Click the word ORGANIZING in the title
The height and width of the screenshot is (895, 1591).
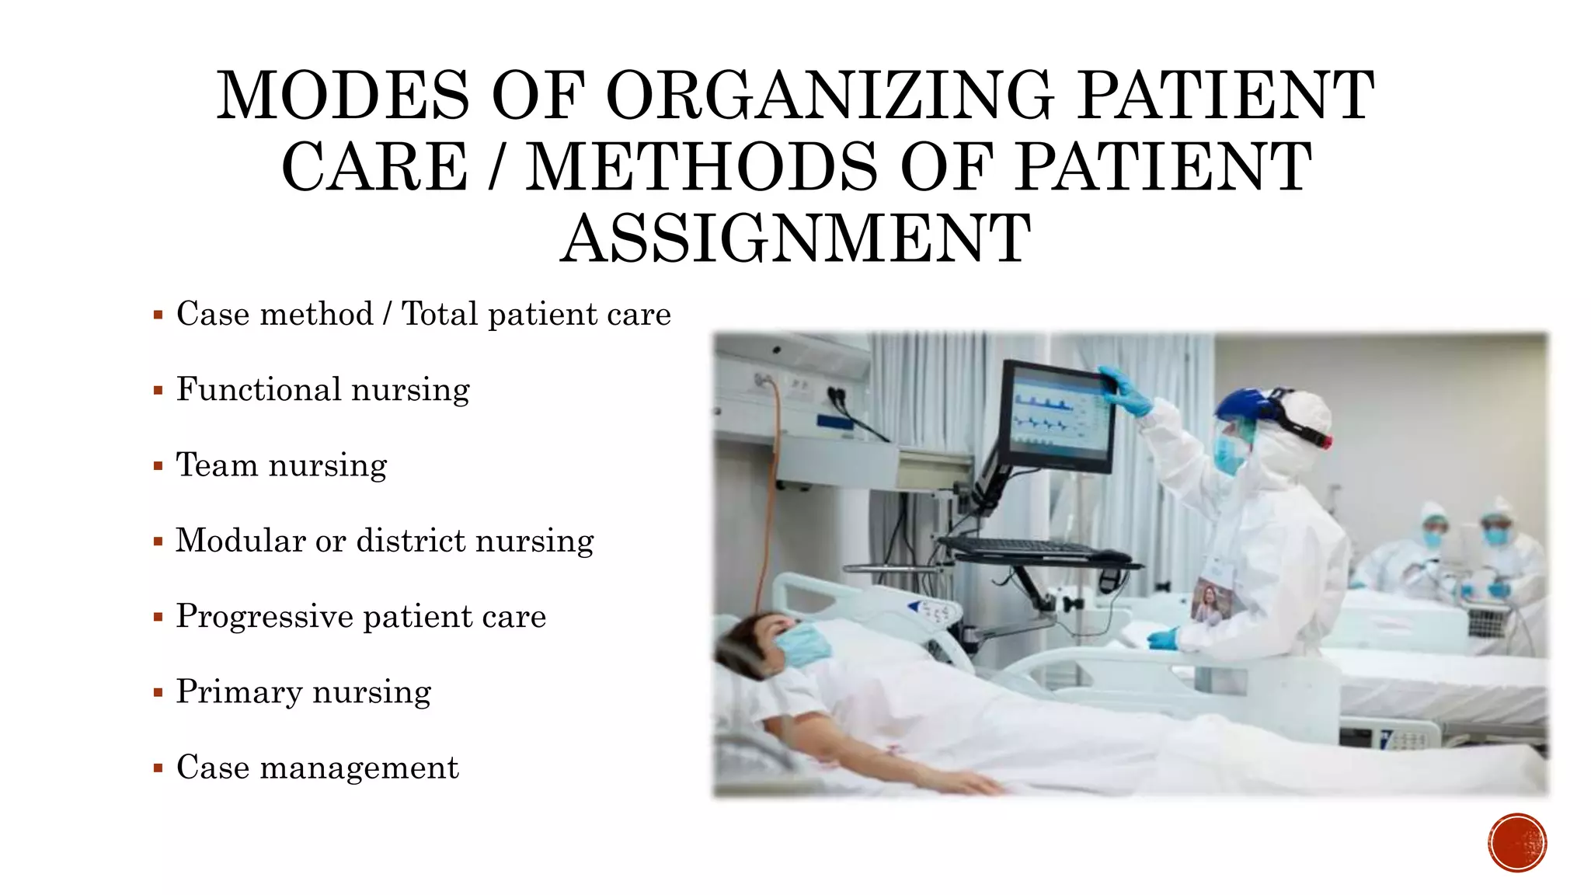pos(829,96)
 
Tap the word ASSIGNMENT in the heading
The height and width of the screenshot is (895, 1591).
pos(795,239)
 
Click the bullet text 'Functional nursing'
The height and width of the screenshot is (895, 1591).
pos(322,390)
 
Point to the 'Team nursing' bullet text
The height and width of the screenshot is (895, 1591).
pos(281,465)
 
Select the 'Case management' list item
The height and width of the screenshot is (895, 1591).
pos(317,768)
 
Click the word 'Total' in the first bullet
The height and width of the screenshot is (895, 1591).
pos(439,315)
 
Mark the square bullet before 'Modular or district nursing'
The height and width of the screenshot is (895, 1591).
pos(158,542)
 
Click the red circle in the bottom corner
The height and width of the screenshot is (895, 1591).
pos(1517,843)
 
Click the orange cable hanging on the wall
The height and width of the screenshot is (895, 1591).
pos(771,482)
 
